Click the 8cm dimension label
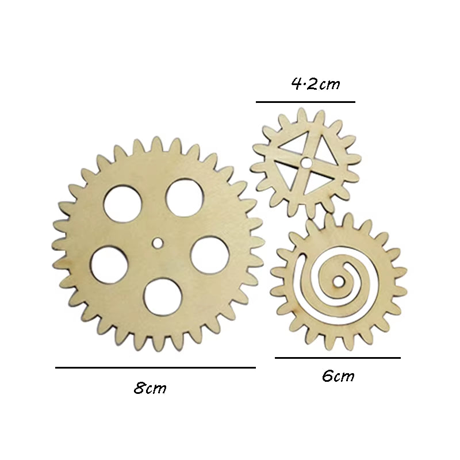pos(150,388)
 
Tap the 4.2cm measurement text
pos(316,85)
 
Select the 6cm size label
pos(338,377)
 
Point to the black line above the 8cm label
pos(155,367)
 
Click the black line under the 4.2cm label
pos(305,102)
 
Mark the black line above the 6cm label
pos(338,358)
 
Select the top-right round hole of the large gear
pos(183,198)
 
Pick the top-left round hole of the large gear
pos(121,204)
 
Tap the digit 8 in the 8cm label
pos(140,388)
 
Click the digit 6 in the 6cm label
pos(327,377)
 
